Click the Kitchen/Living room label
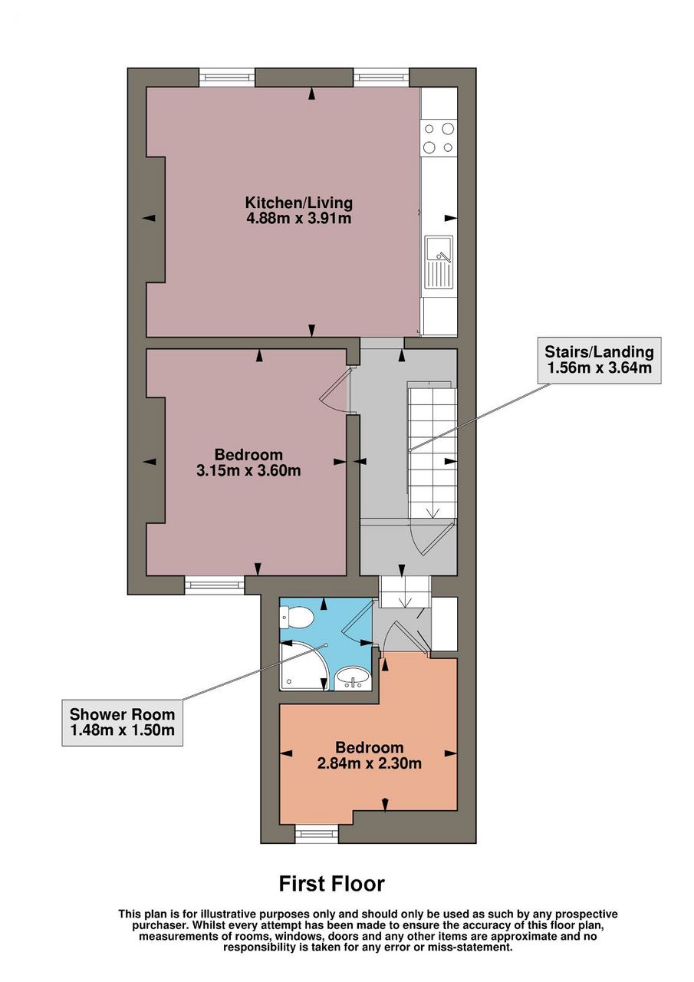[298, 203]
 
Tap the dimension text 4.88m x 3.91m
[298, 218]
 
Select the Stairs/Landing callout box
[599, 360]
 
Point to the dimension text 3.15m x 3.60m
[248, 470]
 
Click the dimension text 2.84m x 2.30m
[369, 763]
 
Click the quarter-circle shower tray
[303, 668]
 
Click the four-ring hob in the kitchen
[439, 138]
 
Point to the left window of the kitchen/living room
[226, 77]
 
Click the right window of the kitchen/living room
[382, 77]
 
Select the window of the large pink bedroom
[214, 585]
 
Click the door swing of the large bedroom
[335, 390]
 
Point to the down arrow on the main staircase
[433, 511]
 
